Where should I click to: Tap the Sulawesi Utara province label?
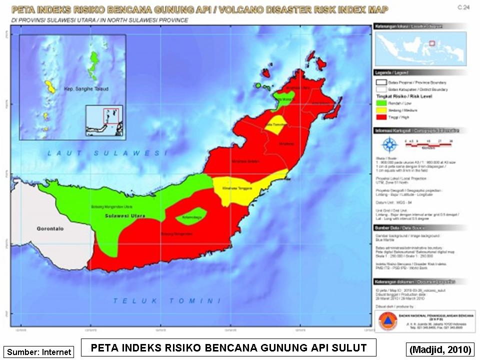(x=125, y=216)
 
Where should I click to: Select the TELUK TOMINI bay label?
(x=167, y=300)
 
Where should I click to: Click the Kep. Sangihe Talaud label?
(x=86, y=89)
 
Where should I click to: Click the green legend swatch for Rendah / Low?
(x=381, y=102)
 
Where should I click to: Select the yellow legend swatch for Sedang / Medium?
(x=381, y=109)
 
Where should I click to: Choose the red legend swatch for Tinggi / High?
(x=381, y=116)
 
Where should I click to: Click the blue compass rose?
(x=388, y=145)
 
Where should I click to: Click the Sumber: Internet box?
(x=39, y=352)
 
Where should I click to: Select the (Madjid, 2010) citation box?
(x=440, y=349)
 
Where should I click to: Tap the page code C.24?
(x=462, y=8)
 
